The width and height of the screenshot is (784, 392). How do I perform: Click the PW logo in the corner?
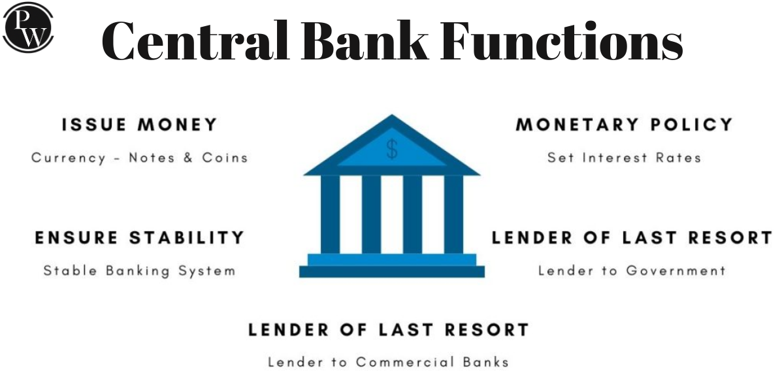[x=28, y=27]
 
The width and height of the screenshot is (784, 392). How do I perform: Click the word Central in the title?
[x=195, y=41]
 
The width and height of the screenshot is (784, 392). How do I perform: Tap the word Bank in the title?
[x=365, y=41]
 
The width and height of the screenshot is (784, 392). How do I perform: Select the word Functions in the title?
[x=561, y=41]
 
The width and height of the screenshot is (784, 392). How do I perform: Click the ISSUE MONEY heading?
[x=139, y=125]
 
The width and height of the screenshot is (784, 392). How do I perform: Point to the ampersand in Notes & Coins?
[x=188, y=157]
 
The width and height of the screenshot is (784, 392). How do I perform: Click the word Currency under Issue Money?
[x=69, y=158]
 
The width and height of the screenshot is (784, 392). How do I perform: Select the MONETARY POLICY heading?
[x=624, y=125]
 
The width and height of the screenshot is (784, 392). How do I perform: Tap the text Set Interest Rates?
[x=625, y=157]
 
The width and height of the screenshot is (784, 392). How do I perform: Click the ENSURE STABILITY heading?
[x=139, y=238]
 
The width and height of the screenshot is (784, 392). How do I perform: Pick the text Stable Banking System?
[x=139, y=271]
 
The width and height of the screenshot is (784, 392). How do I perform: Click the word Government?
[x=676, y=270]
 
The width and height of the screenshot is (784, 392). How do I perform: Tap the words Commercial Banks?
[x=433, y=362]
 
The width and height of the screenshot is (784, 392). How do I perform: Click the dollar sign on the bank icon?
[x=392, y=149]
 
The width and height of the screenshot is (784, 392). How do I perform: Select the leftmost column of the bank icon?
[x=330, y=214]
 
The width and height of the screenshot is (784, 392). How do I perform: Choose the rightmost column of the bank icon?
[x=453, y=214]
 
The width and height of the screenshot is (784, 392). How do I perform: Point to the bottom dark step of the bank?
[x=392, y=272]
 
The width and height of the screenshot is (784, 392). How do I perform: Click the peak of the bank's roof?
[x=392, y=115]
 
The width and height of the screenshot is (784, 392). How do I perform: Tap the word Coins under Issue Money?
[x=225, y=157]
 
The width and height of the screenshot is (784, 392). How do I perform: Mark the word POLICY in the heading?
[x=692, y=125]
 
